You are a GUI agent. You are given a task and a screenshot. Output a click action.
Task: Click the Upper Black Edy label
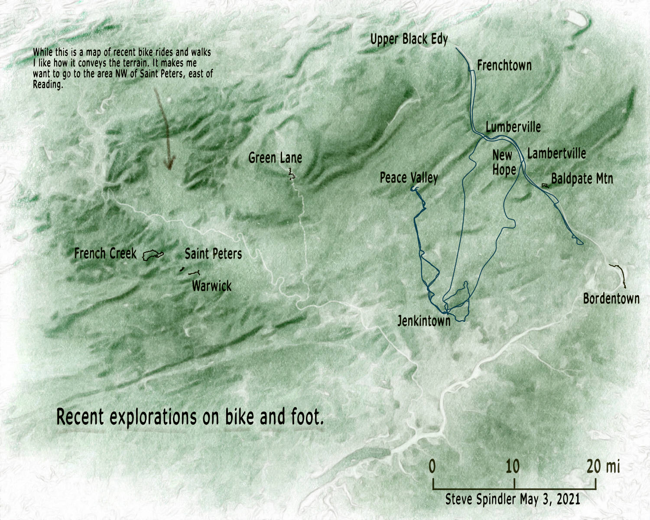(409, 39)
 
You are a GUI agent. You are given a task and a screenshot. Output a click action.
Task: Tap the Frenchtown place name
(504, 65)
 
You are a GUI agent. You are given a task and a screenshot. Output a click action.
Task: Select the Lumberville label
(513, 127)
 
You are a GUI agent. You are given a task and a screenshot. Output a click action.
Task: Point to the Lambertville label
(556, 153)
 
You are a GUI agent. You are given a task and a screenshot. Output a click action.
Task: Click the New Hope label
(504, 162)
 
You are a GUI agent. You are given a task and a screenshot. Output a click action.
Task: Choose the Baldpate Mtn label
(582, 179)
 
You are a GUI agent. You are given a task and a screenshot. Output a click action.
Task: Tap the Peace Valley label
(409, 178)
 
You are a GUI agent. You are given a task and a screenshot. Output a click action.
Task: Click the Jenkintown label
(424, 321)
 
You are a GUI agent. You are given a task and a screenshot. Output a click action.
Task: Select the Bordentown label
(611, 299)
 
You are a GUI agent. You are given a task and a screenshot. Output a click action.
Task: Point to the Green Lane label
(275, 158)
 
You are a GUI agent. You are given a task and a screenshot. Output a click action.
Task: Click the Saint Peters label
(213, 254)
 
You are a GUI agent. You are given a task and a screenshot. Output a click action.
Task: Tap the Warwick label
(211, 286)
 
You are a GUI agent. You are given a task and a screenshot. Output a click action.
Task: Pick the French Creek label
(105, 253)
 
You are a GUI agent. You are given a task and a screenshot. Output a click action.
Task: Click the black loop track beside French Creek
(153, 255)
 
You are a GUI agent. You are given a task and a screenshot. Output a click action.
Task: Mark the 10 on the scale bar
(513, 467)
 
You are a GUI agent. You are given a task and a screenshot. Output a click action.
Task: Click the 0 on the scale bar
(432, 467)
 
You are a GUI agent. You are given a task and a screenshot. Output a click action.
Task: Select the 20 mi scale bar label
(603, 467)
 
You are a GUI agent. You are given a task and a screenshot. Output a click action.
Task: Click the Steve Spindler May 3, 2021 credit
(513, 499)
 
